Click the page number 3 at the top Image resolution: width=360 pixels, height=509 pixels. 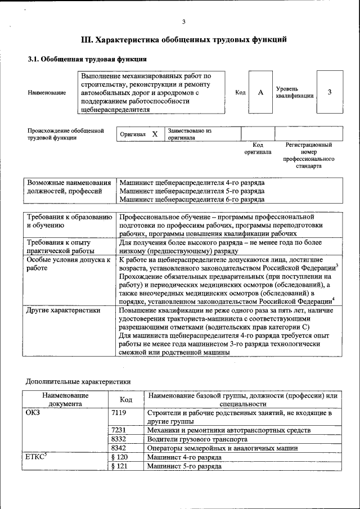tap(183, 22)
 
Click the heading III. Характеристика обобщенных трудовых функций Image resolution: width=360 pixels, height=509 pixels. tap(184, 40)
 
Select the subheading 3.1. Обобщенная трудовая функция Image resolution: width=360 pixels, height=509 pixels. tap(87, 58)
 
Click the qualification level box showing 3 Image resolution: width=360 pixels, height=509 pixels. tap(329, 92)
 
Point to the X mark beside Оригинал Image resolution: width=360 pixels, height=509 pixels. tap(155, 134)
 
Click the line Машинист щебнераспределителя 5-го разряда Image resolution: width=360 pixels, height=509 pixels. tap(192, 191)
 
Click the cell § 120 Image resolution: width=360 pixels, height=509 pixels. tap(120, 457)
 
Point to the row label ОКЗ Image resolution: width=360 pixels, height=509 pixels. tap(34, 413)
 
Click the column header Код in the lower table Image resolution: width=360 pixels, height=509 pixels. tap(126, 399)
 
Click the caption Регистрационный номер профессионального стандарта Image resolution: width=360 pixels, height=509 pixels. tap(309, 156)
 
